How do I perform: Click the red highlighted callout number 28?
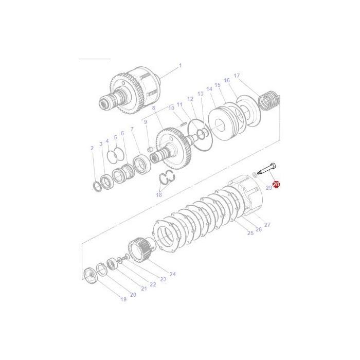click(x=276, y=184)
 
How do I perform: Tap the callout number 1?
click(x=180, y=65)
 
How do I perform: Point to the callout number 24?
click(x=172, y=274)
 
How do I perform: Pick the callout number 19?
click(x=123, y=299)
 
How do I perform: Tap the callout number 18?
click(x=158, y=195)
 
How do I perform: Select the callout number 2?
click(x=92, y=148)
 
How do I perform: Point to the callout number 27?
click(x=267, y=225)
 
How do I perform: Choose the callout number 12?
click(x=190, y=99)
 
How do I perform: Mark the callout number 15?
click(x=217, y=85)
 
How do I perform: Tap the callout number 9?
click(x=146, y=122)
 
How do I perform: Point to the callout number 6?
click(x=122, y=133)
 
